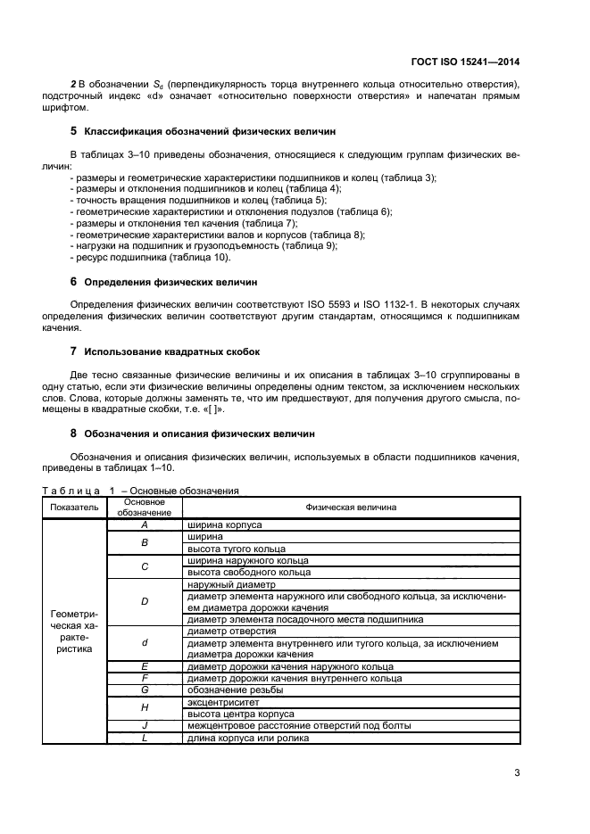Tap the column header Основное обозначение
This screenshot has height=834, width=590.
pos(145,507)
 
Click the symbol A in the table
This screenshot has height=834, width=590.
pos(145,525)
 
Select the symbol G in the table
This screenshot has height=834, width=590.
pos(145,690)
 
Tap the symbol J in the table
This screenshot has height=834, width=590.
pos(145,726)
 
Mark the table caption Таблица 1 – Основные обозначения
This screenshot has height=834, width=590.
pos(139,491)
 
